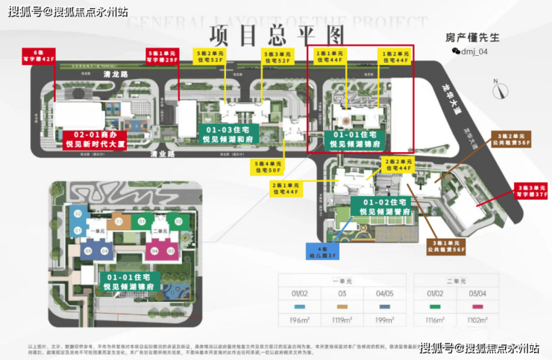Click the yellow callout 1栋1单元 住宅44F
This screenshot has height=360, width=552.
329,57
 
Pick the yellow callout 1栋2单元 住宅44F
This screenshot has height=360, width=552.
395,57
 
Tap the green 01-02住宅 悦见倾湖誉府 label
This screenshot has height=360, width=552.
386,206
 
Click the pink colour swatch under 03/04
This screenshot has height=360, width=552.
471,306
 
